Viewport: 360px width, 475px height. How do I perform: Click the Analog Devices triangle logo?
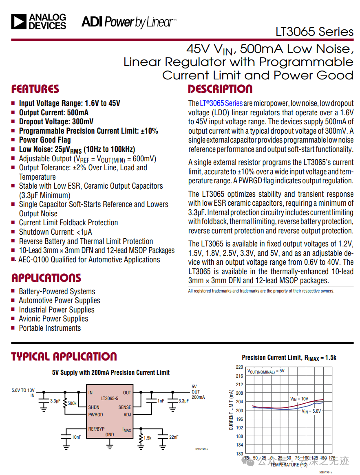19,22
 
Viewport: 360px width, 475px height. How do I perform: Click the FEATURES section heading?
35,89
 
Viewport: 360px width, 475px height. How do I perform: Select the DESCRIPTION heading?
220,89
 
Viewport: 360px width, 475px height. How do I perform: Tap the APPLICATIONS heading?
46,278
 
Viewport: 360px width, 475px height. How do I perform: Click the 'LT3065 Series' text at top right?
314,32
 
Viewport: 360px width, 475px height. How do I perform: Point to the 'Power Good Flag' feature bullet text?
45,140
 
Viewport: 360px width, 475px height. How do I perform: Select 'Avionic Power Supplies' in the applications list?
53,319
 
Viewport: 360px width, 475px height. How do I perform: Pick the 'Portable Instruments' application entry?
50,328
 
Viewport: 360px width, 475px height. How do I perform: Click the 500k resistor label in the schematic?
72,403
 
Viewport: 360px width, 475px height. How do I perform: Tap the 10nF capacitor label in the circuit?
76,437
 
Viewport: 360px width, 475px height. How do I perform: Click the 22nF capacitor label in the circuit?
174,437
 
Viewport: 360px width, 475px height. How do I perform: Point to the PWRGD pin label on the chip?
96,415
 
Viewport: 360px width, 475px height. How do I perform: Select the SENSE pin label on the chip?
125,407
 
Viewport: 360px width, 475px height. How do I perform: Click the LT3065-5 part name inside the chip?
110,398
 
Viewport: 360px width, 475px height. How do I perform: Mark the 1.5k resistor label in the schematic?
148,438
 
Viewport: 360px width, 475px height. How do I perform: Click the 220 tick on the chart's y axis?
239,367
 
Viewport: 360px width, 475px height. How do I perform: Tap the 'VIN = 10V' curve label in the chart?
299,399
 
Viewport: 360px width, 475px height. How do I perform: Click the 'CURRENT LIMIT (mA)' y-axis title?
231,410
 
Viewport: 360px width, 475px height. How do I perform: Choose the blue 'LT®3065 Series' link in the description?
221,103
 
